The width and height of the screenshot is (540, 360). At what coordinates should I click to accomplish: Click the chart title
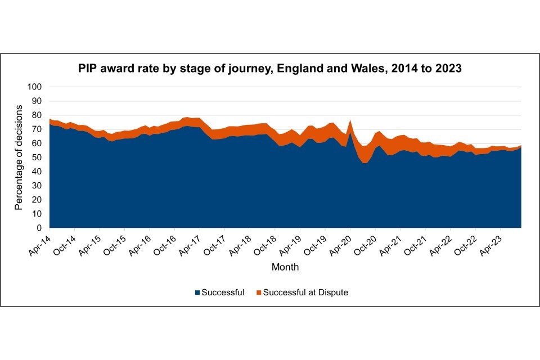point(270,69)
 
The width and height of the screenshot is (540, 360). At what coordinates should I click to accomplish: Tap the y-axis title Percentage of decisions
point(19,157)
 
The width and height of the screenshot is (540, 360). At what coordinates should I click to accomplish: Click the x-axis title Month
point(285,267)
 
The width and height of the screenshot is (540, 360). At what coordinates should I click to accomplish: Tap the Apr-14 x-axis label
point(39,241)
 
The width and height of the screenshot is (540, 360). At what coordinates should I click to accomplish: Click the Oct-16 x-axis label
point(165,241)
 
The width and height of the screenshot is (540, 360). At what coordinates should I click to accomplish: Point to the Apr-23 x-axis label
point(492,241)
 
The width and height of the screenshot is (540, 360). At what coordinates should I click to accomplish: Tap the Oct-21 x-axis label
point(417,241)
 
